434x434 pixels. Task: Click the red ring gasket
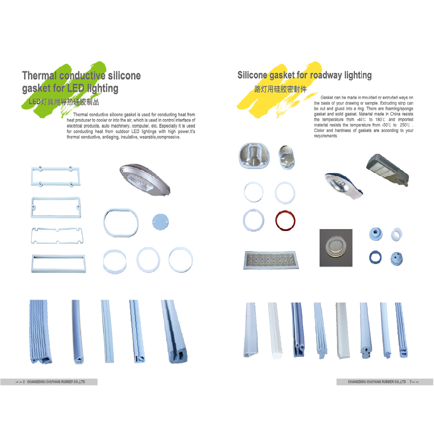[285, 212]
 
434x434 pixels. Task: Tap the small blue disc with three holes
[161, 222]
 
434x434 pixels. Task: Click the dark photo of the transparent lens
[336, 248]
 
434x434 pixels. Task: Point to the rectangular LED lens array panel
[271, 260]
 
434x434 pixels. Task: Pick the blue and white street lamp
[344, 186]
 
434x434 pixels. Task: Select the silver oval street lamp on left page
[145, 180]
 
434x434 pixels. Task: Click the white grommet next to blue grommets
[396, 234]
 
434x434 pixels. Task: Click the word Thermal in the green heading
[40, 75]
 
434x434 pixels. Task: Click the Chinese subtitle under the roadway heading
[280, 89]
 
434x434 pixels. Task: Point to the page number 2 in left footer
[24, 382]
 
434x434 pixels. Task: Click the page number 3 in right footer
[411, 382]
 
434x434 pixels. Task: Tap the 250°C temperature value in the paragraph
[405, 125]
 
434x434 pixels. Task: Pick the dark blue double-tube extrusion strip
[298, 329]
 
